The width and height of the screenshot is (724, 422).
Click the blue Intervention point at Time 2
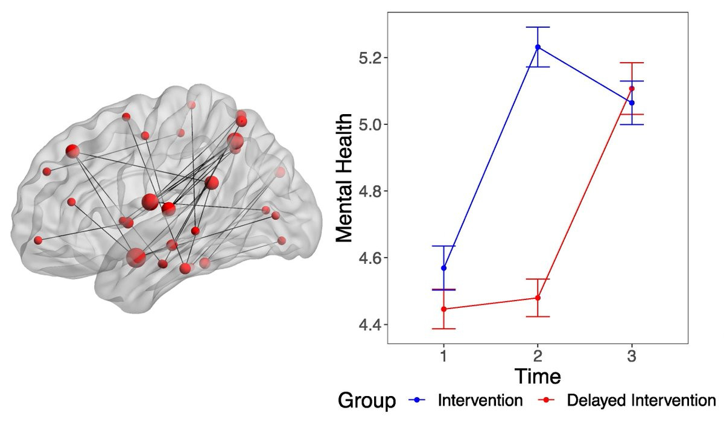point(538,47)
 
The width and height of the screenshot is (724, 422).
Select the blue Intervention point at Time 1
point(444,268)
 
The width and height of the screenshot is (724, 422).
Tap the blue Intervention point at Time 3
point(632,103)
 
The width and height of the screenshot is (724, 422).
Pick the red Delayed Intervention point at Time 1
point(444,309)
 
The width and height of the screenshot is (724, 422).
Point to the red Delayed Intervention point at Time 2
point(538,298)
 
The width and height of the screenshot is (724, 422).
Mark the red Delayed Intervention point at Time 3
point(632,89)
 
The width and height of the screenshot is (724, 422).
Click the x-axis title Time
point(537,377)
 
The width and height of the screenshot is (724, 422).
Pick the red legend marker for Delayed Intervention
point(547,401)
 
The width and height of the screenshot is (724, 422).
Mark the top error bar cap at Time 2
point(538,27)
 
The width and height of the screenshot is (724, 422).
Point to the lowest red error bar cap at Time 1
point(444,328)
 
